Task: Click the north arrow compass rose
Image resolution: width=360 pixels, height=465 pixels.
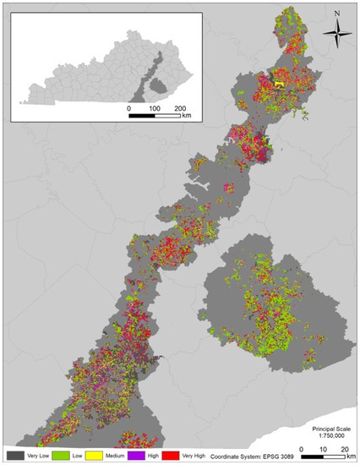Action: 336,35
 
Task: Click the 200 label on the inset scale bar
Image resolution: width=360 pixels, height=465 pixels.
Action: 179,109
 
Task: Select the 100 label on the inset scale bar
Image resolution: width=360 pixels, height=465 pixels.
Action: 154,109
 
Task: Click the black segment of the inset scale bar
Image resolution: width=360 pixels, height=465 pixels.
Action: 141,118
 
